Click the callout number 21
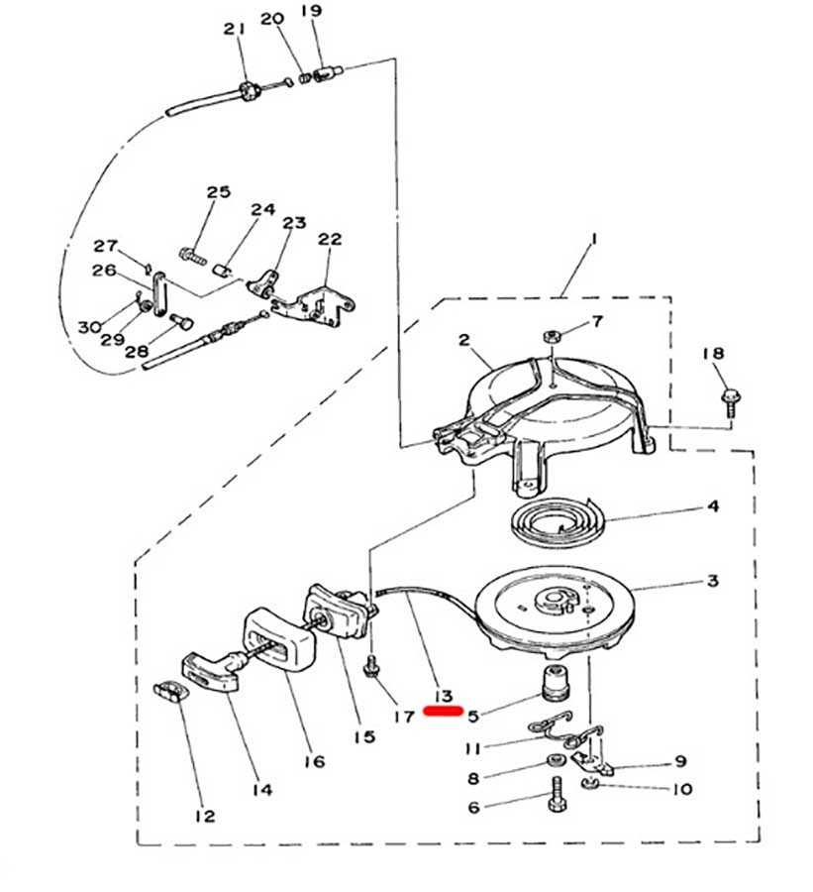click(x=234, y=29)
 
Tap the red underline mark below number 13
click(x=444, y=711)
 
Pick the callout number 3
click(x=712, y=581)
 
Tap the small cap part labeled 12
click(x=170, y=691)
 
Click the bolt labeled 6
click(x=556, y=794)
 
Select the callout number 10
click(x=681, y=789)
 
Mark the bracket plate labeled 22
click(x=314, y=304)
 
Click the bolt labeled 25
click(x=193, y=256)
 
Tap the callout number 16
click(x=314, y=760)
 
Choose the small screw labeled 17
click(x=371, y=666)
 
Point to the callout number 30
click(x=89, y=327)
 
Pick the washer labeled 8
click(x=554, y=760)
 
